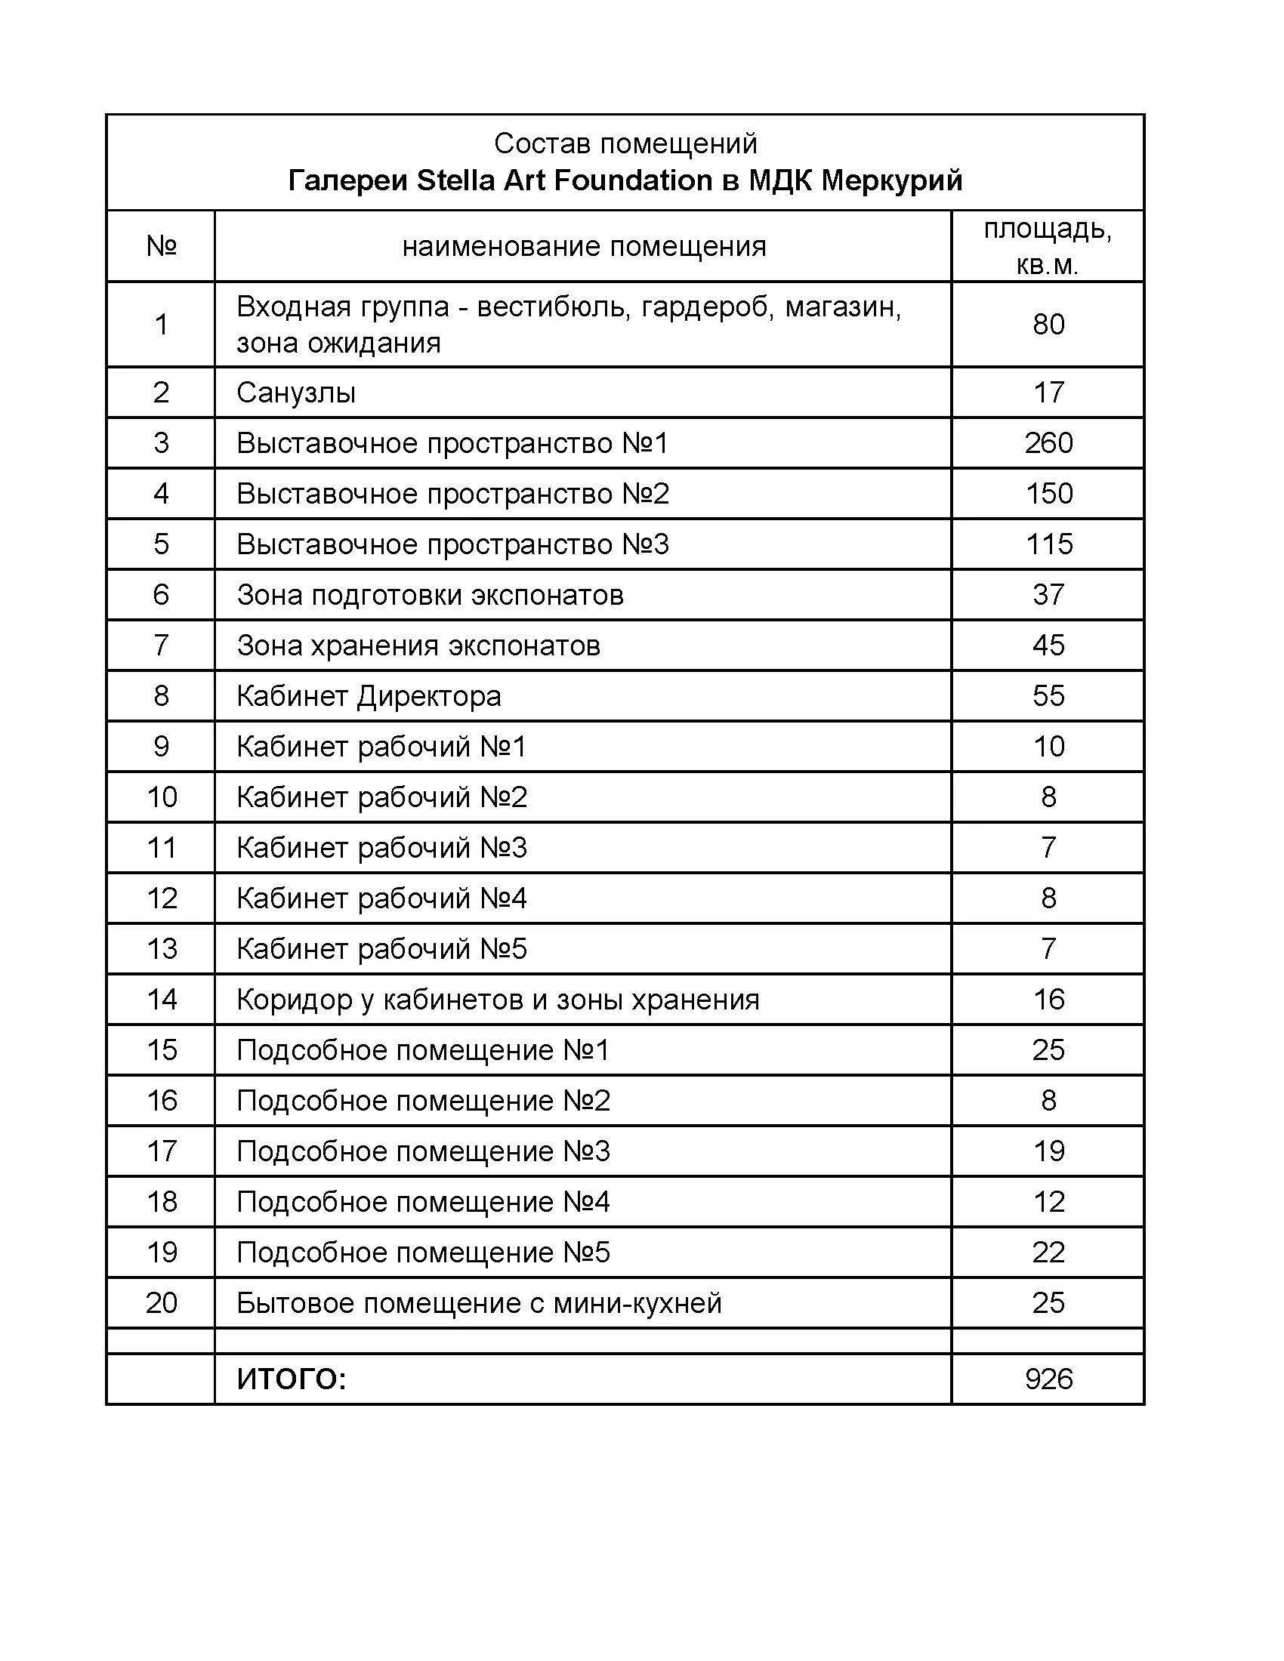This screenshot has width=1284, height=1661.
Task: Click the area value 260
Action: (1048, 442)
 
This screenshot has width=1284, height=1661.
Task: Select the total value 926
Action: (1048, 1379)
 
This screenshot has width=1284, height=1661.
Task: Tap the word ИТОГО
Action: (292, 1379)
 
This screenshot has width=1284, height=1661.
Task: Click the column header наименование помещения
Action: (583, 246)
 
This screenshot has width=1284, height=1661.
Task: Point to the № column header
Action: (162, 246)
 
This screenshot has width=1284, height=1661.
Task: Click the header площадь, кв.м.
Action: (1048, 246)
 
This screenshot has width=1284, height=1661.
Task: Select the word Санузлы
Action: (296, 393)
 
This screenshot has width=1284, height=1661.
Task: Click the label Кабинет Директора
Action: (369, 696)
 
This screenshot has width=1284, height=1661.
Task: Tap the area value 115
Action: (1048, 544)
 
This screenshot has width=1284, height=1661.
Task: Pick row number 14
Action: (162, 1000)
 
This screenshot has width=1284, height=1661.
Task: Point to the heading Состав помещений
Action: (625, 143)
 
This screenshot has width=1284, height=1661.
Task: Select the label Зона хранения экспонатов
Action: (418, 646)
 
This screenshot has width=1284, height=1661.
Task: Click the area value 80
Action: (1048, 325)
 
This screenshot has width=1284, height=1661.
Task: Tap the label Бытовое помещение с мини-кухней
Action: (478, 1303)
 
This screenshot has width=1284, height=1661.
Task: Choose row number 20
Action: (162, 1303)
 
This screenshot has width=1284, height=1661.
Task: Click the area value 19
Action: (1048, 1151)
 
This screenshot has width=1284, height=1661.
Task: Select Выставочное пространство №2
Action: (452, 494)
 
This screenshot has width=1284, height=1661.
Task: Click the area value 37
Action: (1048, 595)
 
